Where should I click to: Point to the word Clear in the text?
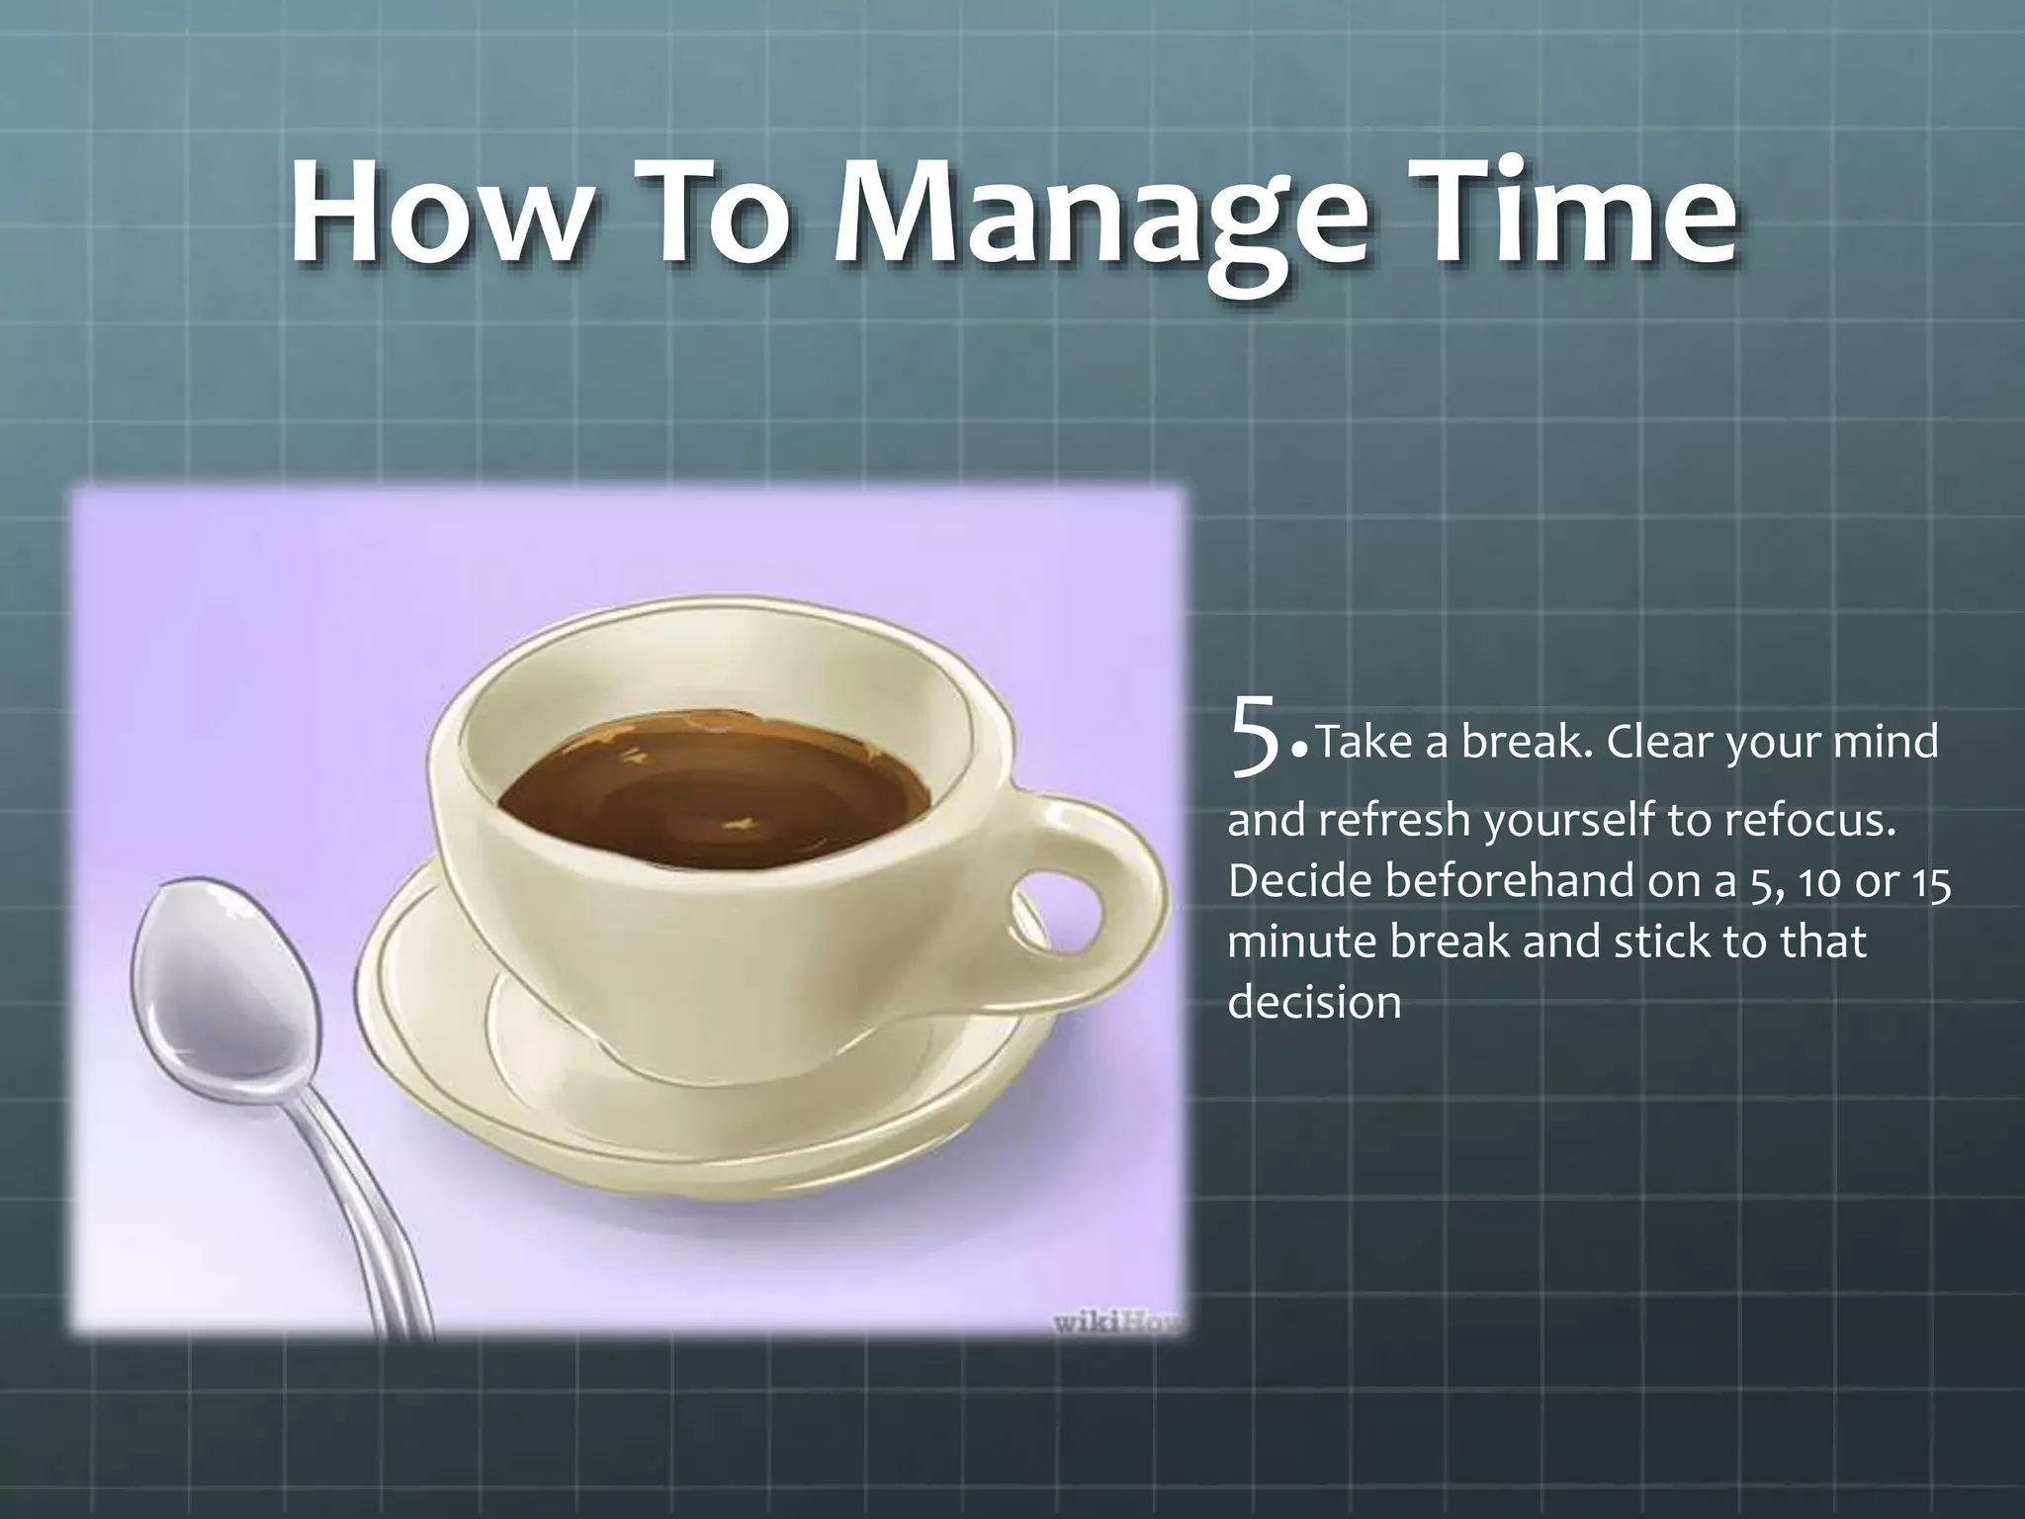(x=1662, y=741)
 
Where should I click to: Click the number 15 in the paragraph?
(x=1930, y=881)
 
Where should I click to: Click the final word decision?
(x=1314, y=1003)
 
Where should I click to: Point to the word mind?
(x=1886, y=741)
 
